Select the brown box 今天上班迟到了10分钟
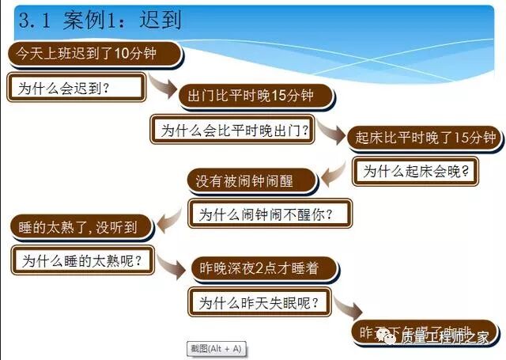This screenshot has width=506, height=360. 94,54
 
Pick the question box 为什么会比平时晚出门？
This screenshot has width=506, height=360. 233,129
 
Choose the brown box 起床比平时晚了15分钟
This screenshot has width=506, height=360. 424,137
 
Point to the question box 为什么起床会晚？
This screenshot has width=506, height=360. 417,171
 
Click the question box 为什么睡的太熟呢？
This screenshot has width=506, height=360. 84,260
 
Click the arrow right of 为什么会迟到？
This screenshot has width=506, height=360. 164,85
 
